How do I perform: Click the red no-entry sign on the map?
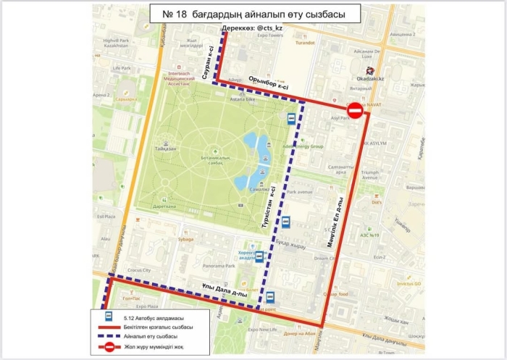pos(355,111)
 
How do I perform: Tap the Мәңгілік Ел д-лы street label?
pos(340,217)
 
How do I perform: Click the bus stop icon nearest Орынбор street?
pos(290,120)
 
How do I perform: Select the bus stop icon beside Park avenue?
pos(285,222)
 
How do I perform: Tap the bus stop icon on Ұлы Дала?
pos(270,296)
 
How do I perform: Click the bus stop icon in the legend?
pos(107,316)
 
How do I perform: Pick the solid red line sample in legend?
pos(107,326)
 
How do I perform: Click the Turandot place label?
pos(304,43)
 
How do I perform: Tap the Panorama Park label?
pos(220,267)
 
